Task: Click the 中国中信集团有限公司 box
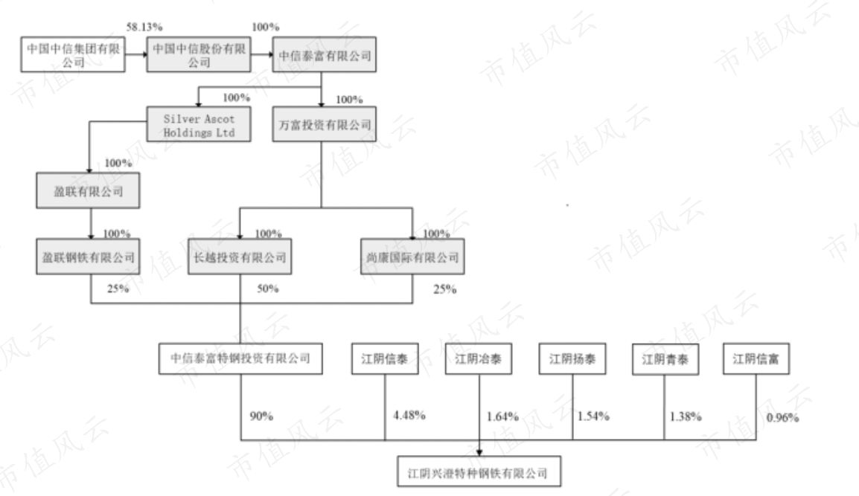tap(73, 55)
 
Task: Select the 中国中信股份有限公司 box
tap(199, 55)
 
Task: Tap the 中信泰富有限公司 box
tap(325, 55)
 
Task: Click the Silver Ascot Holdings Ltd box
tap(199, 124)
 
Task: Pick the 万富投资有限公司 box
tap(325, 124)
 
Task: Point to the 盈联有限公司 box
tap(88, 190)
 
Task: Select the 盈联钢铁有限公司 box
tap(88, 257)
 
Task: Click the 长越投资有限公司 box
tap(240, 257)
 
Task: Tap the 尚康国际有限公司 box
tap(412, 257)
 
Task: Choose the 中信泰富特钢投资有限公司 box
tap(240, 359)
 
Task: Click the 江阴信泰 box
tap(385, 359)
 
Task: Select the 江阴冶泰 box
tap(479, 359)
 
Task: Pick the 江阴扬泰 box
tap(572, 359)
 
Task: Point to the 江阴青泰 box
tap(665, 359)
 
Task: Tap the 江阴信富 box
tap(756, 359)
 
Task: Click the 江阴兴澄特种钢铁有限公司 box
tap(479, 471)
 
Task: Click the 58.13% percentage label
tap(144, 27)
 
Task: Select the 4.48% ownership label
tap(409, 416)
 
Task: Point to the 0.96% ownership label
tap(783, 418)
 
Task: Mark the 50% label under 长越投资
tap(268, 289)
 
